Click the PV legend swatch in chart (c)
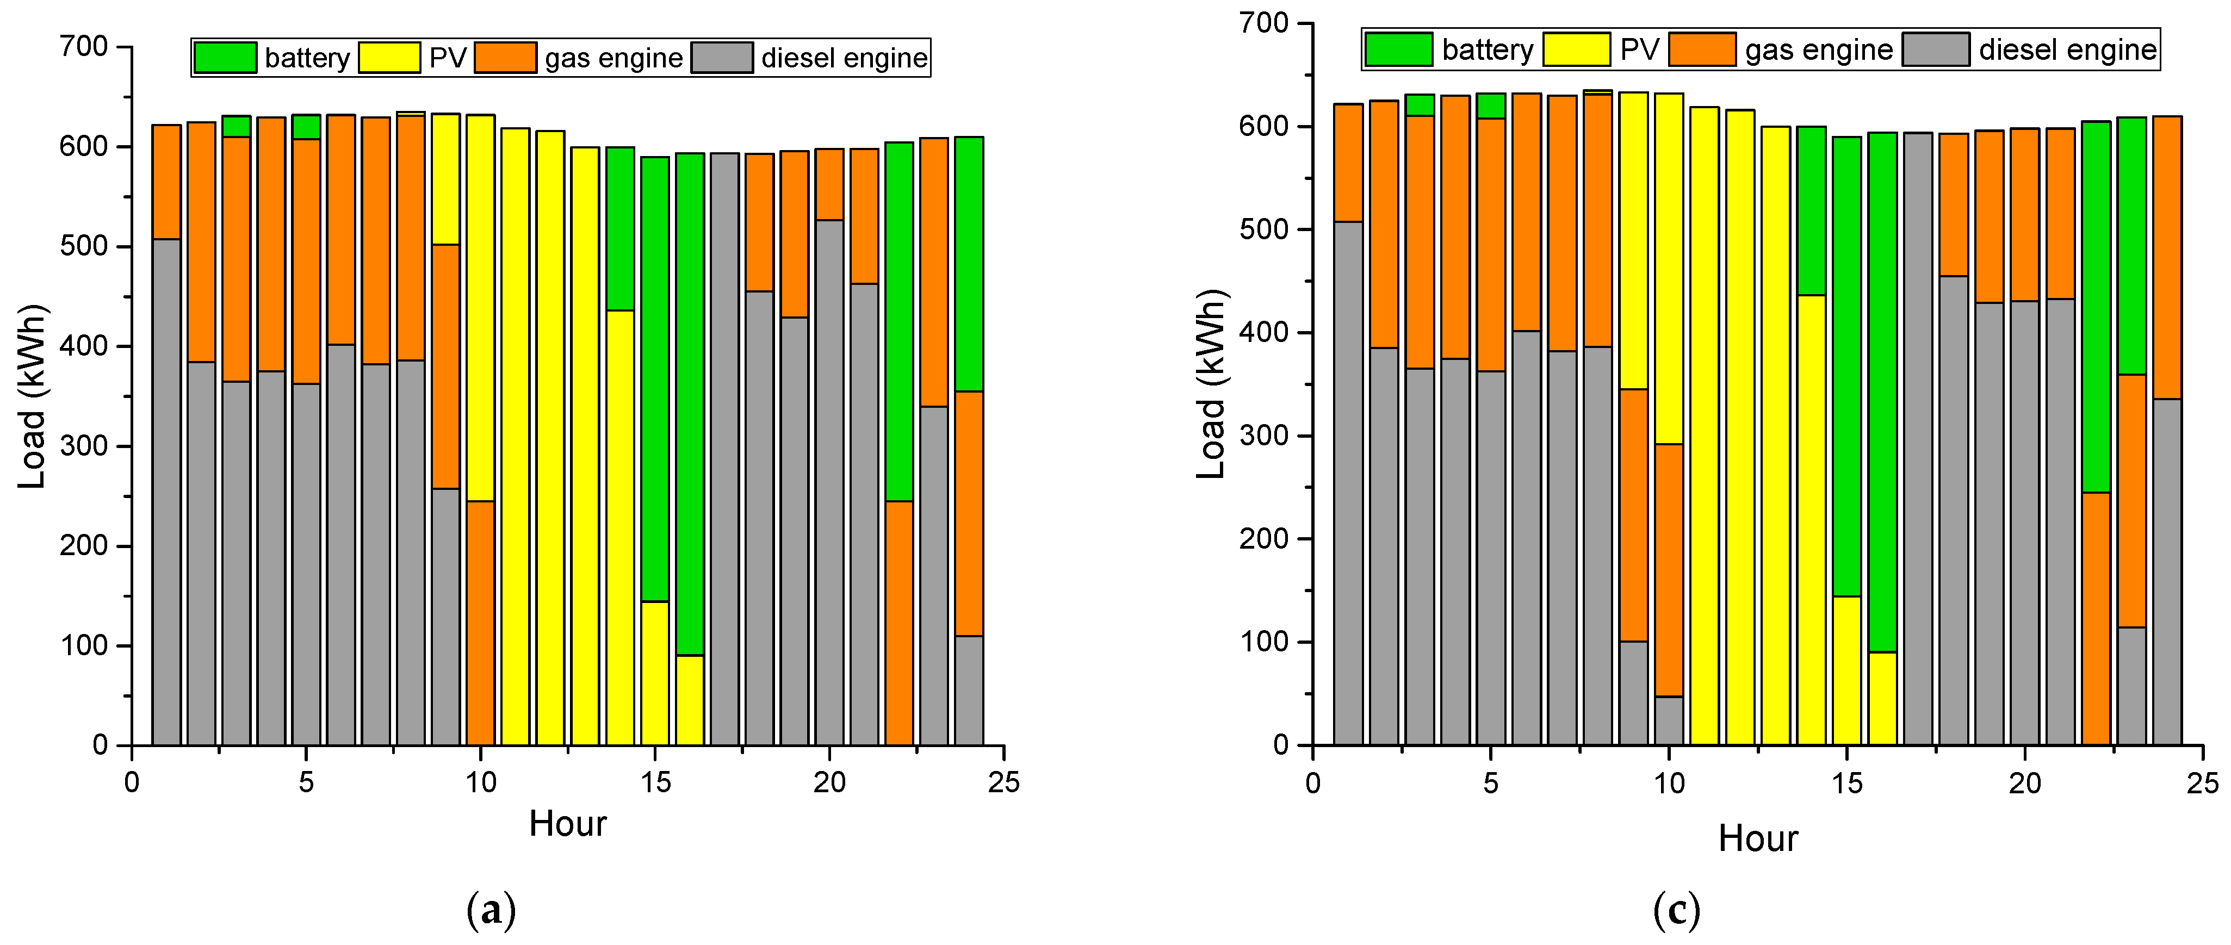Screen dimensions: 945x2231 [x=1576, y=49]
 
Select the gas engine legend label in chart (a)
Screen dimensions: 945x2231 [x=613, y=58]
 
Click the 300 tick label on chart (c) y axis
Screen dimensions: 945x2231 [x=1265, y=436]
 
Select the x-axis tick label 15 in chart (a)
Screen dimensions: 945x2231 [x=655, y=783]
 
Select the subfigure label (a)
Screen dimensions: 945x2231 [x=491, y=910]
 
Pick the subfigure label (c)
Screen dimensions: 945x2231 [x=1676, y=910]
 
